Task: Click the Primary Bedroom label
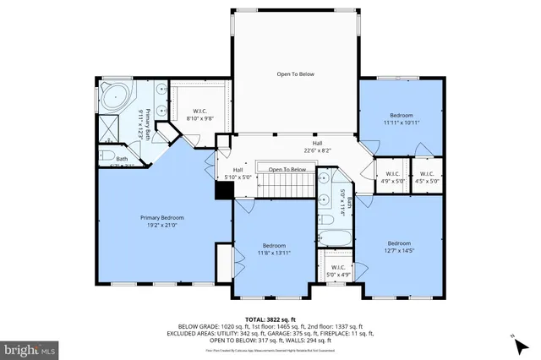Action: [161, 217]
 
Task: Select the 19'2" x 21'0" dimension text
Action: [161, 226]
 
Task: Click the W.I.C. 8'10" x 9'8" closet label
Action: [200, 114]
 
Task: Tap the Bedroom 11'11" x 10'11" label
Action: [401, 118]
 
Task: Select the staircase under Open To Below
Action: [280, 183]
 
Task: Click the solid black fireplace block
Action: [224, 192]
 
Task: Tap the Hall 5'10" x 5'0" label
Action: [238, 173]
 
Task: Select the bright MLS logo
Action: [30, 347]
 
